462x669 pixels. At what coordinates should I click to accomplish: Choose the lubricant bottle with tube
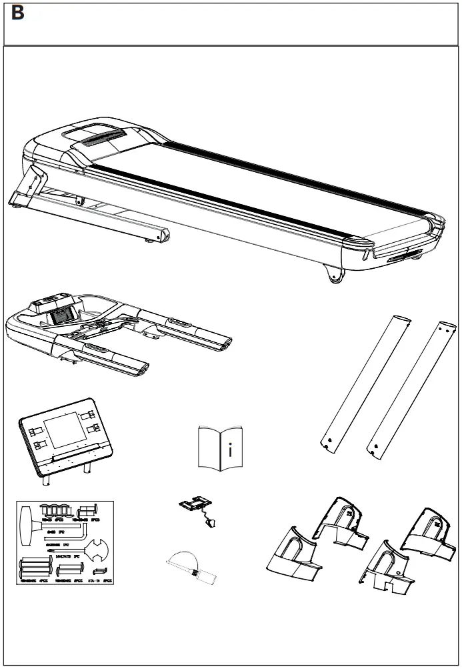coord(193,567)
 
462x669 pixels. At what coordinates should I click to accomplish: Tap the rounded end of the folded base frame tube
coord(161,235)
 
